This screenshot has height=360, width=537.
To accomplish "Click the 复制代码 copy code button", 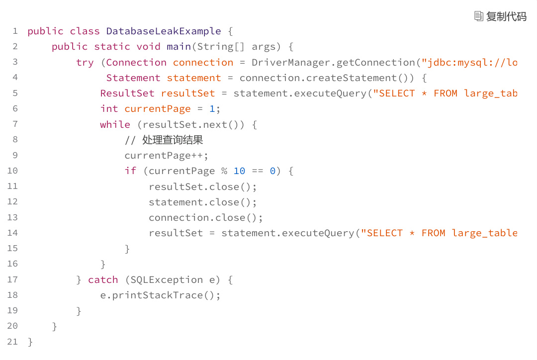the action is click(x=500, y=16).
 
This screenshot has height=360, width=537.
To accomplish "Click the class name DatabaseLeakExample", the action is click(x=164, y=31).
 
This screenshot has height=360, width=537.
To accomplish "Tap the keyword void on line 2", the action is click(x=149, y=47).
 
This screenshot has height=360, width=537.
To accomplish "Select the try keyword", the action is click(x=85, y=63).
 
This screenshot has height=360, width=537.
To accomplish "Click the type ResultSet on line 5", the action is click(x=127, y=93).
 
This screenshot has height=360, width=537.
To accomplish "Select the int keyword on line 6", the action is click(x=109, y=109).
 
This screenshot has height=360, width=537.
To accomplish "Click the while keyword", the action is click(x=115, y=125).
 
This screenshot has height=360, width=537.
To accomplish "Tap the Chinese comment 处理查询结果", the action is click(x=173, y=140).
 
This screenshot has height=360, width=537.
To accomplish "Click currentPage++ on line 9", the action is click(x=166, y=156).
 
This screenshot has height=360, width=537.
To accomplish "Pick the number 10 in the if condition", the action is click(x=239, y=171).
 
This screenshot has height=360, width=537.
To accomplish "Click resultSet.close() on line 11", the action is click(x=202, y=187).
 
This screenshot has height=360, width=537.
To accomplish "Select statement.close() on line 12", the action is click(x=202, y=202).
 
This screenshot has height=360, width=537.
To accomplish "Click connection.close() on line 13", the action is click(x=205, y=218).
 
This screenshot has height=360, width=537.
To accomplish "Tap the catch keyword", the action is click(x=103, y=280).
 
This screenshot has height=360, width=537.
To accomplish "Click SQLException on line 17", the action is click(x=167, y=280).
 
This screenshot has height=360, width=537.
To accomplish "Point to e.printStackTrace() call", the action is click(x=160, y=295).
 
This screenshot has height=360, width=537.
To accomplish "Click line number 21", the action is click(x=12, y=342).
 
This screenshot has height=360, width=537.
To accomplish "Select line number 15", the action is click(x=12, y=248).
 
